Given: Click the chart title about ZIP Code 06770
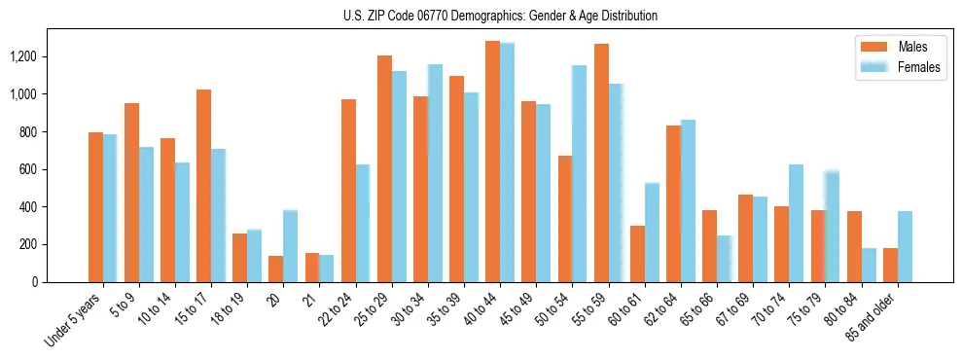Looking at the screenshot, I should pyautogui.click(x=500, y=16).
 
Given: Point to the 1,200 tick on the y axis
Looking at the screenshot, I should pyautogui.click(x=24, y=56).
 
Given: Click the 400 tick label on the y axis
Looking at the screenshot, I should pyautogui.click(x=30, y=207).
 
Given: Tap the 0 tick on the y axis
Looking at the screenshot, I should pyautogui.click(x=36, y=282).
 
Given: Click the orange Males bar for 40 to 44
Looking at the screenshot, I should pyautogui.click(x=492, y=162).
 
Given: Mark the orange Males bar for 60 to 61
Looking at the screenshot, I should pyautogui.click(x=637, y=254).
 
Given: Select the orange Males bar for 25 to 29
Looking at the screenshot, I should pyautogui.click(x=384, y=168).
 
